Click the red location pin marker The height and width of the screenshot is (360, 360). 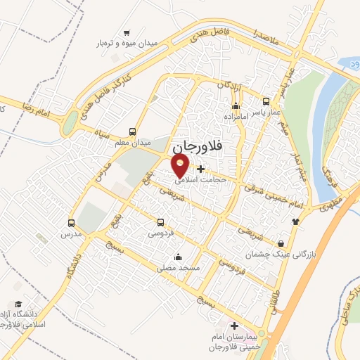pos(181,165)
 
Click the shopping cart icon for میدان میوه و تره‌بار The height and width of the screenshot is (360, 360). pos(127,32)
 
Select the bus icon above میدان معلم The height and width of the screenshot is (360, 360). pos(133,131)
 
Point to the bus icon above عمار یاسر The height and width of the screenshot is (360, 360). pos(266,101)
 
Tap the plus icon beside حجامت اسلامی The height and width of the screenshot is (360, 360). pos(201,169)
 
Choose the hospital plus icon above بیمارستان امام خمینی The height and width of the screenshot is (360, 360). pos(235,326)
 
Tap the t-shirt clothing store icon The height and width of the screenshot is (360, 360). pos(295,220)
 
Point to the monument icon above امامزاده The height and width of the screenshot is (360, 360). pos(235,103)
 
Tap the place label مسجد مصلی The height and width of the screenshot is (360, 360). pos(179,268)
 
